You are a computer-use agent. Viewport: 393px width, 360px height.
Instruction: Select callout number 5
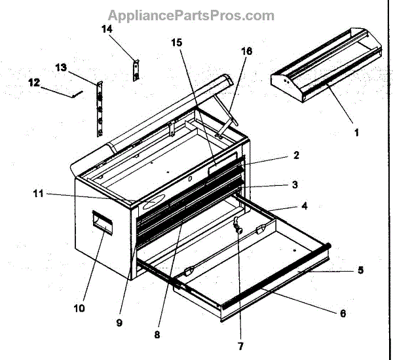(360, 269)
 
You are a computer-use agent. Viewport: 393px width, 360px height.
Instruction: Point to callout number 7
(240, 346)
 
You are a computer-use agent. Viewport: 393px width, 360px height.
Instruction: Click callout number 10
(79, 307)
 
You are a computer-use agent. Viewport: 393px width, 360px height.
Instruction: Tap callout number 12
(33, 82)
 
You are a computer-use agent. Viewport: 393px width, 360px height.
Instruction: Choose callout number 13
(60, 67)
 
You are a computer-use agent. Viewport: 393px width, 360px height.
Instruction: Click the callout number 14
(107, 29)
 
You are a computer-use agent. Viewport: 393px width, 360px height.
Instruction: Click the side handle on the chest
(102, 223)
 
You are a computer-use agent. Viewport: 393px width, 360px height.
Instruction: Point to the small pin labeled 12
(77, 94)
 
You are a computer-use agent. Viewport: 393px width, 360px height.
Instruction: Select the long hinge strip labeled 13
(100, 109)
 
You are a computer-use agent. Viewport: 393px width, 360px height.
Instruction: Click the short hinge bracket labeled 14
(137, 69)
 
